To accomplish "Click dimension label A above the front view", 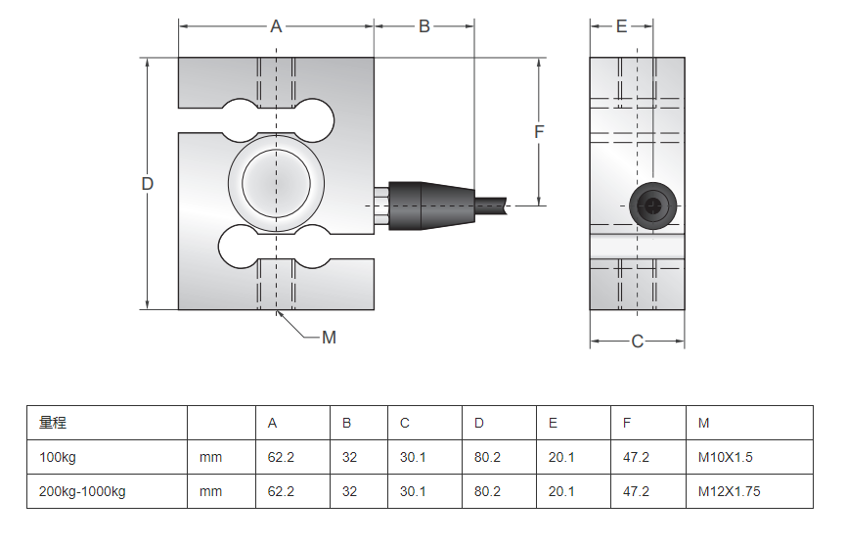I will pyautogui.click(x=276, y=27).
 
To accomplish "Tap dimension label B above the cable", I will pyautogui.click(x=424, y=27).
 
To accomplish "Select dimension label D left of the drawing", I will pyautogui.click(x=148, y=184).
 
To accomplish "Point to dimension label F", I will pyautogui.click(x=539, y=131).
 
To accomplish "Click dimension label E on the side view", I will pyautogui.click(x=621, y=27).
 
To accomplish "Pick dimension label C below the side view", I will pyautogui.click(x=637, y=341).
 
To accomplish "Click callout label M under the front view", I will pyautogui.click(x=329, y=338).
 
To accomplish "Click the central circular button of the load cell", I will pyautogui.click(x=276, y=183).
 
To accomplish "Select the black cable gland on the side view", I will pyautogui.click(x=652, y=205).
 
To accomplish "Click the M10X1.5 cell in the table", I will pyautogui.click(x=725, y=457).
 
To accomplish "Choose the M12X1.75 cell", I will pyautogui.click(x=729, y=491).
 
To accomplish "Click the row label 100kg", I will pyautogui.click(x=57, y=457).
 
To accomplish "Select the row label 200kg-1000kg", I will pyautogui.click(x=82, y=491).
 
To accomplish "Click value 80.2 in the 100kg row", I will pyautogui.click(x=487, y=457).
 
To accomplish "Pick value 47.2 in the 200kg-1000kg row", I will pyautogui.click(x=636, y=491).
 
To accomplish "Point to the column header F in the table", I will pyautogui.click(x=627, y=423).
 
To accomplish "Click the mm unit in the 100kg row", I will pyautogui.click(x=210, y=457).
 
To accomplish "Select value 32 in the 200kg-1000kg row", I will pyautogui.click(x=349, y=491).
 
